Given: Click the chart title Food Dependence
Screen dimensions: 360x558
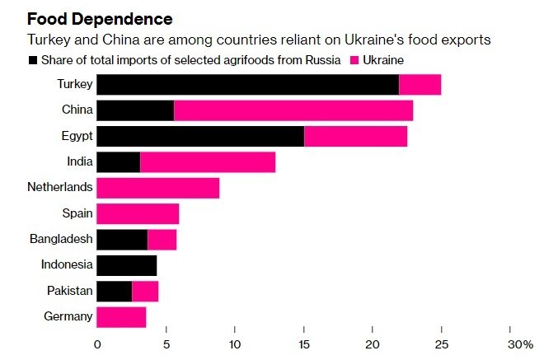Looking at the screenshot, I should point(101,18).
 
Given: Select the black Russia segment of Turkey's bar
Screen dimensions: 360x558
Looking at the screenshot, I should point(247,84).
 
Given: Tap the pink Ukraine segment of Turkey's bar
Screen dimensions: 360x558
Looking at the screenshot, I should point(420,84).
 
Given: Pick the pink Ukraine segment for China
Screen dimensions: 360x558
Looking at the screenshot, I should point(293,110).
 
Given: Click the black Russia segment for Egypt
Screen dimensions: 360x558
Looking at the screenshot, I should point(200,136).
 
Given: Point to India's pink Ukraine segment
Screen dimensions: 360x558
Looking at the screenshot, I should point(208,162).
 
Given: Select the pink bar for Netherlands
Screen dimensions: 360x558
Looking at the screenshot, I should point(158,188).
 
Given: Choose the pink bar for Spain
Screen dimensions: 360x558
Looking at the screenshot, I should point(138,213).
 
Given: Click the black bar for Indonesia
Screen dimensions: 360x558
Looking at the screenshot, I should point(126,265).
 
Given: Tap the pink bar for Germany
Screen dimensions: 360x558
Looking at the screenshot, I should point(121,317).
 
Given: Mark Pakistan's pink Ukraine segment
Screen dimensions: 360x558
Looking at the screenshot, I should point(145,291).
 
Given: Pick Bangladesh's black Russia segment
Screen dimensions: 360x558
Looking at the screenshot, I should point(122,240).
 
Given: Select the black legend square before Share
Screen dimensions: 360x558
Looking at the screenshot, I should point(33,60).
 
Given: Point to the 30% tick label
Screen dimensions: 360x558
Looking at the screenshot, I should point(520,344).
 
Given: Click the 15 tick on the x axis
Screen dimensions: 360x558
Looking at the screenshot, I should point(303,344).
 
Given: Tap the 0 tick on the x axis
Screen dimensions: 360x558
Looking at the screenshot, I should point(97,344).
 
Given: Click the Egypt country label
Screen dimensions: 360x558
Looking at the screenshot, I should point(77,136).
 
